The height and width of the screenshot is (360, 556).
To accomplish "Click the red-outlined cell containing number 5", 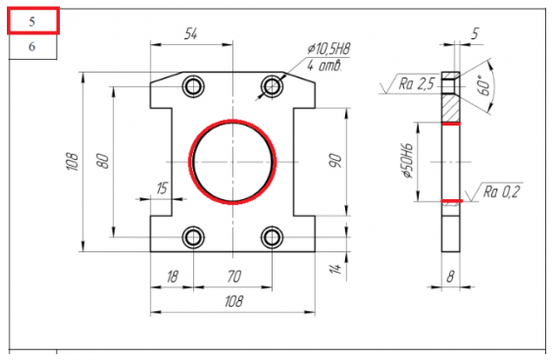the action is click(33, 22).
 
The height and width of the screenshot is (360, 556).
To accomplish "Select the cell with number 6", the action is click(32, 46).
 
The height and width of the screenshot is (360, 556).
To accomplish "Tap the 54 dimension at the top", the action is click(191, 34).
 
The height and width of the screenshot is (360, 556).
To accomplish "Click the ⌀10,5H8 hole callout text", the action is click(329, 49).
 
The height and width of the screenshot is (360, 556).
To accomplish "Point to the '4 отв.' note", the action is click(325, 66).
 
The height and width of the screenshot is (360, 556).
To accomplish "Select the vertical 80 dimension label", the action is click(103, 161).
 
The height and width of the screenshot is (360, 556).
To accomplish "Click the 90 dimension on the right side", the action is click(335, 161).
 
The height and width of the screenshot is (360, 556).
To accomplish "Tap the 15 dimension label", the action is click(162, 188).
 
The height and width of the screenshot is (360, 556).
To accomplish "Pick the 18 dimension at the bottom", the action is click(173, 277).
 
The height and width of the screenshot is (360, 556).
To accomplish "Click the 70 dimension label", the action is click(234, 277).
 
